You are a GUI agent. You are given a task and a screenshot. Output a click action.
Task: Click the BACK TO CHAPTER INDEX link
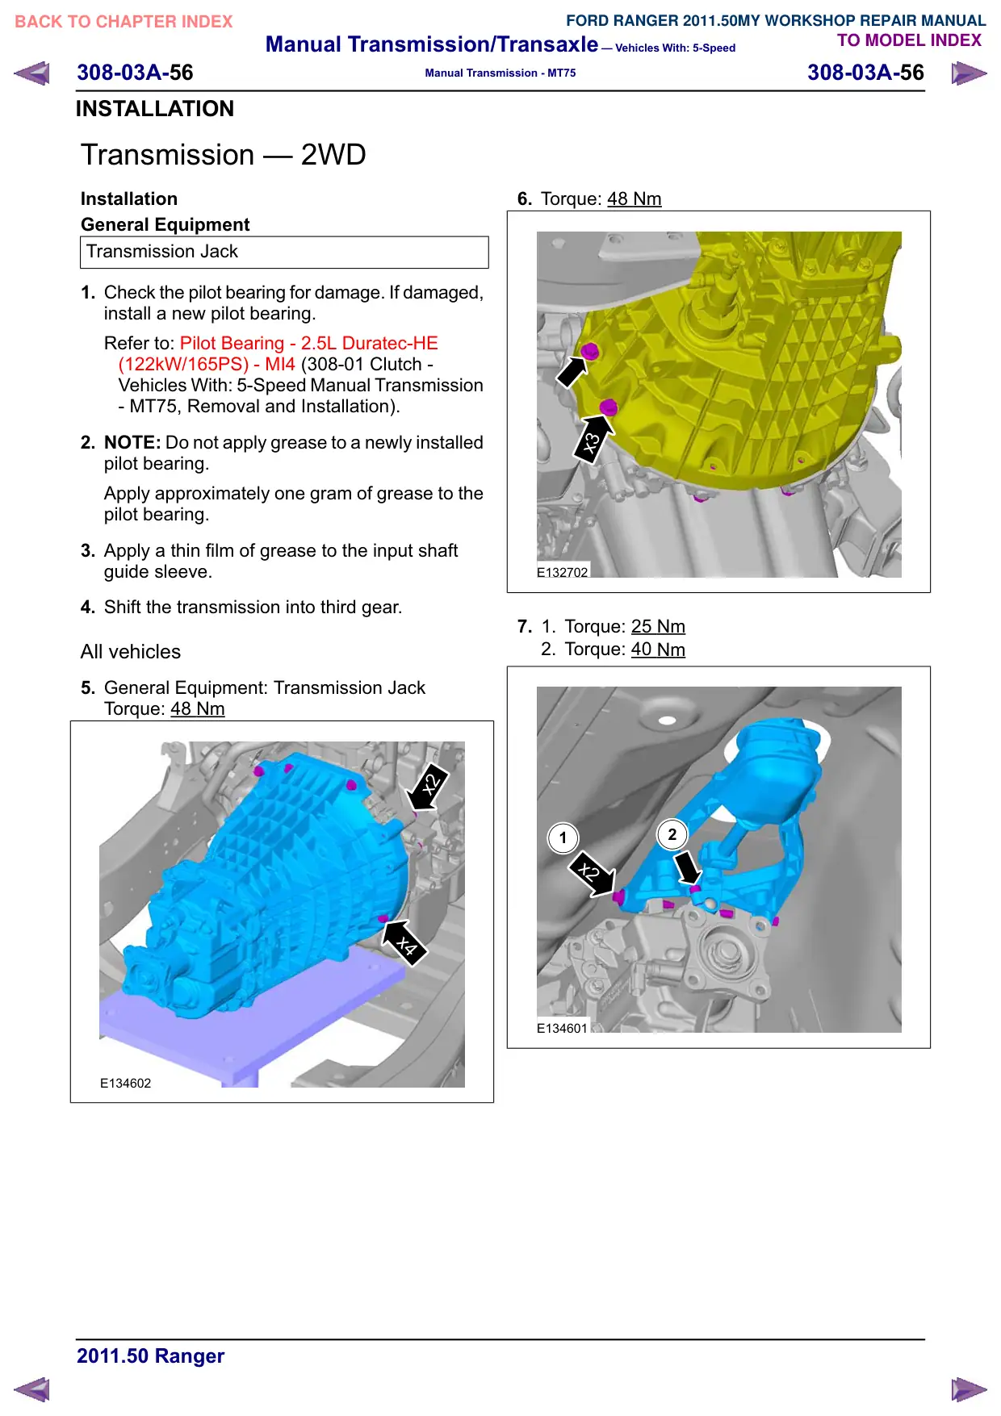(124, 22)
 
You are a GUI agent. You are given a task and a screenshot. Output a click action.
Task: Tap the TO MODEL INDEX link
(909, 40)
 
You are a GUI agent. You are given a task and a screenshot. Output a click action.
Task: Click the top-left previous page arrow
(31, 73)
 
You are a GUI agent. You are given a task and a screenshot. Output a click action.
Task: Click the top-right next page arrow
(969, 73)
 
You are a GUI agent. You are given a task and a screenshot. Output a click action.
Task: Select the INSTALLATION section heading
(155, 109)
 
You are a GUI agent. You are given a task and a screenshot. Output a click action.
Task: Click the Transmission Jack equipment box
(284, 252)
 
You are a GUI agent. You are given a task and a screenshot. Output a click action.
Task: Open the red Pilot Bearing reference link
(271, 353)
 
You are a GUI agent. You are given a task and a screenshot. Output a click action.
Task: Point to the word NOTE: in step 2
(132, 442)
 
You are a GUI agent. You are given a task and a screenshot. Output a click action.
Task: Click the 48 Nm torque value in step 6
(635, 198)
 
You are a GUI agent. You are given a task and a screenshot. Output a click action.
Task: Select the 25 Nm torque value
(658, 626)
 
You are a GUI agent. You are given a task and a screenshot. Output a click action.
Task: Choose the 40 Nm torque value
(658, 650)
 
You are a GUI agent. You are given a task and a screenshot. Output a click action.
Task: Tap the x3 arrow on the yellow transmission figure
(593, 439)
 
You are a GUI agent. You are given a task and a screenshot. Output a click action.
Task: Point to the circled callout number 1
(563, 837)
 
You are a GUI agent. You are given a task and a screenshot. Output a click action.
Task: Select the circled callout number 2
(672, 834)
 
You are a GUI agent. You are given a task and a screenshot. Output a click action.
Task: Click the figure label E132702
(563, 572)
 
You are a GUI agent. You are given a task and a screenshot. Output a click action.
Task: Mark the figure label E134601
(563, 1028)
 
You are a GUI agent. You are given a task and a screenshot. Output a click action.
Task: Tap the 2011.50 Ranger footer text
(151, 1355)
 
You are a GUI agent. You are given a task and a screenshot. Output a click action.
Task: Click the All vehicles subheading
(131, 651)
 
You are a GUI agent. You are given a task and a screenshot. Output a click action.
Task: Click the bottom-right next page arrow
(969, 1389)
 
